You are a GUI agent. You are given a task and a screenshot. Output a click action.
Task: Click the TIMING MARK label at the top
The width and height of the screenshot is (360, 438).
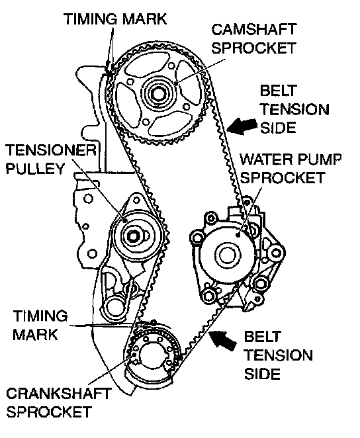click(115, 19)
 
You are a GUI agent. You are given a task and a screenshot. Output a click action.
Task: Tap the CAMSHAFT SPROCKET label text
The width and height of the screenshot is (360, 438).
click(253, 38)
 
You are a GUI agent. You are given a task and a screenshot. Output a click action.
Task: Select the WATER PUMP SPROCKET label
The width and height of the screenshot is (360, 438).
click(291, 169)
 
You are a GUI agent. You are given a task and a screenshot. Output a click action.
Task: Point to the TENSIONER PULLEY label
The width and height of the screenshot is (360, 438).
click(51, 159)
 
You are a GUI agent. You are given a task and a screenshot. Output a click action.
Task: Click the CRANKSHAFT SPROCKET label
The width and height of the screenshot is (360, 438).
click(59, 402)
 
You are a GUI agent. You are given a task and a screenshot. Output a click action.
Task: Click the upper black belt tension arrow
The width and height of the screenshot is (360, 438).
click(242, 126)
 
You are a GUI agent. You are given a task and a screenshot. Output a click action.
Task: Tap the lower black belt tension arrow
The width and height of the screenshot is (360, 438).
click(222, 339)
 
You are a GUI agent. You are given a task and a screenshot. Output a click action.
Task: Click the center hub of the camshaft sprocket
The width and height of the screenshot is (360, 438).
click(158, 93)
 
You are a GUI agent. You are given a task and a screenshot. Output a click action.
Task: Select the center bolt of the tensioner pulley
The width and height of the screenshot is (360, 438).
click(133, 237)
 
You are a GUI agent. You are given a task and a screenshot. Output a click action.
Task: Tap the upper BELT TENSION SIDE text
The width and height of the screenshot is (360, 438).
click(294, 110)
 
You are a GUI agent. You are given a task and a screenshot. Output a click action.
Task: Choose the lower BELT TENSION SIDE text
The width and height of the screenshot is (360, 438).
click(278, 355)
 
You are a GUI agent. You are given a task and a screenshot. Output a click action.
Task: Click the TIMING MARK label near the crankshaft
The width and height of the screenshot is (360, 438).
click(40, 325)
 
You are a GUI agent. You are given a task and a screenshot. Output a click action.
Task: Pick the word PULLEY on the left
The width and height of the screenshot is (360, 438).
click(35, 169)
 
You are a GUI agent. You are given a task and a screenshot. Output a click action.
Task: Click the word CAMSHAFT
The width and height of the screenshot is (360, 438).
click(253, 30)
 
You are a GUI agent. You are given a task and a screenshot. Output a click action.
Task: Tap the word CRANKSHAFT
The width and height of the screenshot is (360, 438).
click(59, 394)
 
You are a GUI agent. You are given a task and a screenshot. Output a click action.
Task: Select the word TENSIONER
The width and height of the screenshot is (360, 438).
click(51, 150)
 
